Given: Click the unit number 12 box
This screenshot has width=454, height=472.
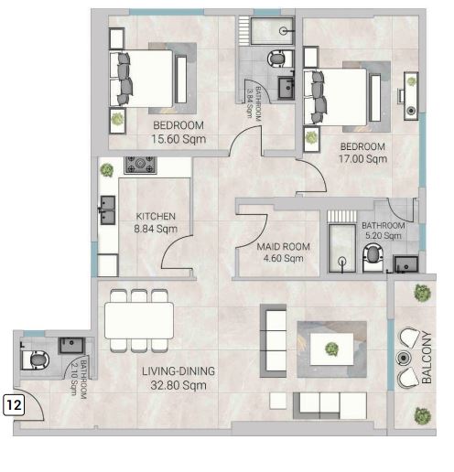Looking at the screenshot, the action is [14, 405].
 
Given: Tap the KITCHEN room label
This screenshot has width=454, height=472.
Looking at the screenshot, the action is [156, 217].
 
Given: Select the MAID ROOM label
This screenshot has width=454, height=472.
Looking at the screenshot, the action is [283, 246].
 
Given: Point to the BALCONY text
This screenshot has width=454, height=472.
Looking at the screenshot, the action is [427, 357].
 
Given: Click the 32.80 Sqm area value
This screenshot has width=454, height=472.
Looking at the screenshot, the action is [178, 385].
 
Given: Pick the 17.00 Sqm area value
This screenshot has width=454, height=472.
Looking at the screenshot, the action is [362, 158].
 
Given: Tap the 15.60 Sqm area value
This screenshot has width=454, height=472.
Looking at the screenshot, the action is [178, 139].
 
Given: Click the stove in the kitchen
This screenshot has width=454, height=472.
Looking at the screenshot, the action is [140, 166].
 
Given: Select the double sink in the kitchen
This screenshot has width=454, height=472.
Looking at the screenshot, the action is [107, 209].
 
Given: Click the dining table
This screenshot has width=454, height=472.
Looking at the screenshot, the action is [139, 320].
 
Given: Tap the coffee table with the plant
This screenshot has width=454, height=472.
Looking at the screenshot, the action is [332, 349].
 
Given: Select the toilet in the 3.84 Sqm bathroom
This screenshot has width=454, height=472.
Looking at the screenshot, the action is [279, 59].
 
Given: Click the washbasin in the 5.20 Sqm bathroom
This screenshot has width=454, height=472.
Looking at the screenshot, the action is [405, 264].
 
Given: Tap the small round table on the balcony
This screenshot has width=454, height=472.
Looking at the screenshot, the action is [404, 358].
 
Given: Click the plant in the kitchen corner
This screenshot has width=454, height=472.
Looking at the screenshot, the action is [106, 170].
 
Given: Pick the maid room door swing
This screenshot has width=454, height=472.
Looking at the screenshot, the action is [252, 231].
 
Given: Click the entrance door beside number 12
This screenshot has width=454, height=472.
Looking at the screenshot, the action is [29, 405].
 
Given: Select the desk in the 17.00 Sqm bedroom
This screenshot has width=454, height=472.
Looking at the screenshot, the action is [411, 96].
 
